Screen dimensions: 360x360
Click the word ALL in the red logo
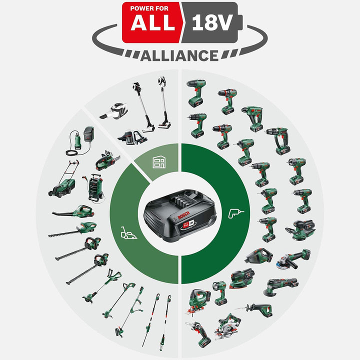point(150,23)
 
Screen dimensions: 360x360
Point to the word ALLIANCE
point(179,55)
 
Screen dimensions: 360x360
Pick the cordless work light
point(219,292)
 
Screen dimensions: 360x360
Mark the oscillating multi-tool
point(282,286)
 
